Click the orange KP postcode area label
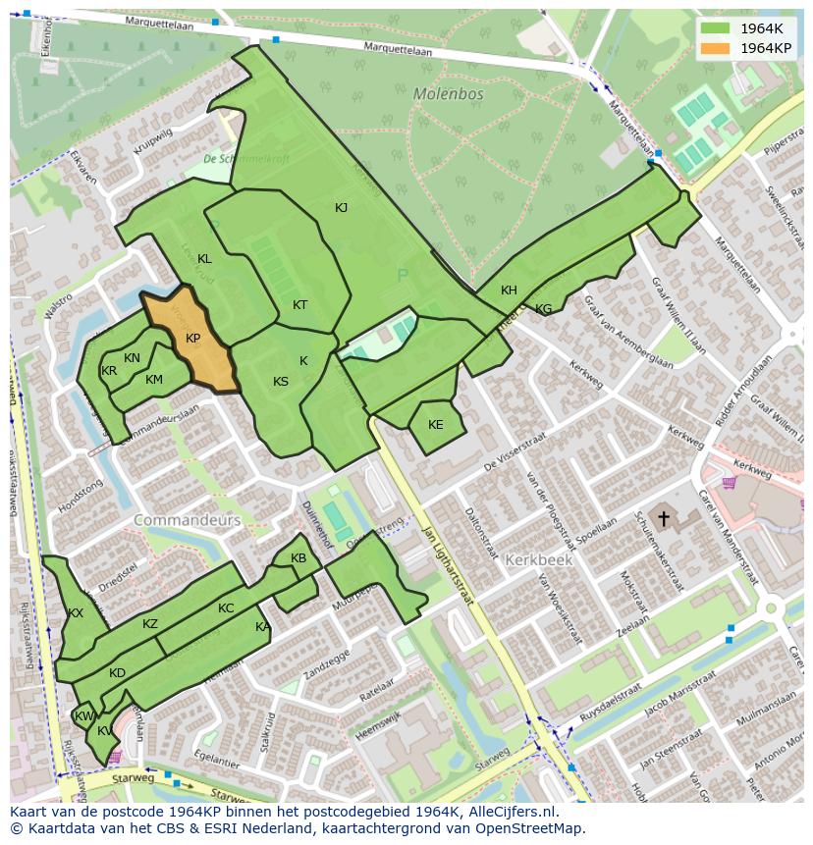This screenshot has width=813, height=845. (x=193, y=339)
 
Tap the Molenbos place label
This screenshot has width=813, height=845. (x=448, y=94)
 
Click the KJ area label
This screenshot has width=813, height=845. (x=341, y=207)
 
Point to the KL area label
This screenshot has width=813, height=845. (x=204, y=259)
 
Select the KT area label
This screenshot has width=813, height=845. (x=299, y=305)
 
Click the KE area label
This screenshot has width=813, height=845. (x=435, y=425)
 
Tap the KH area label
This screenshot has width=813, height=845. (x=509, y=290)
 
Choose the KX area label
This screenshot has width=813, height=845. (x=76, y=613)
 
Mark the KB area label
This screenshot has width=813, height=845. (x=298, y=558)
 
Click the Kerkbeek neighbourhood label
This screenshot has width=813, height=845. (x=537, y=559)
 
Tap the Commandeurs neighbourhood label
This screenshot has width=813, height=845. (x=187, y=520)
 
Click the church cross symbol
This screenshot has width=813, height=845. (x=664, y=518)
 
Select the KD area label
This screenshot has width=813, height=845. (x=117, y=673)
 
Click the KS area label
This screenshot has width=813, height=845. (x=281, y=382)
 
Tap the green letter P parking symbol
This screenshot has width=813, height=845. (x=402, y=276)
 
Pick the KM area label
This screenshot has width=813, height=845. (x=154, y=380)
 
